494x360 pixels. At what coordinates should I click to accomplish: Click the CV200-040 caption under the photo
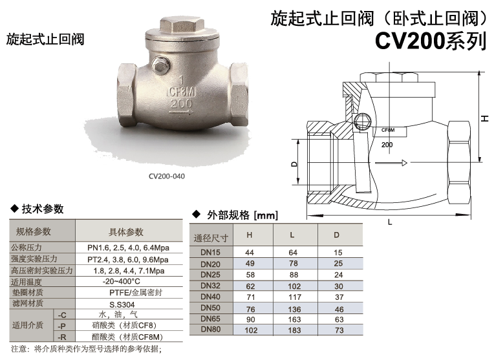[x=167, y=176]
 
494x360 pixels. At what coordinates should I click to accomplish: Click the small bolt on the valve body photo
[x=160, y=65]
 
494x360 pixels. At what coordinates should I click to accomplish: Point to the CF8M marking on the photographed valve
[x=181, y=92]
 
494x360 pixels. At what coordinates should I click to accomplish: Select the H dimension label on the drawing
[x=484, y=118]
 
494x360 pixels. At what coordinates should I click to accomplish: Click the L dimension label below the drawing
[x=390, y=222]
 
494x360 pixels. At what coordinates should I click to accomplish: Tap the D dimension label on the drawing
[x=294, y=164]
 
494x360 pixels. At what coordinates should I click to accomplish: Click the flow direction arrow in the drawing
[x=391, y=163]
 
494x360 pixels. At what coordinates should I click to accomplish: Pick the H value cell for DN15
[x=250, y=253]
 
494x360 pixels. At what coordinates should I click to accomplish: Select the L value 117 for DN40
[x=295, y=297]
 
